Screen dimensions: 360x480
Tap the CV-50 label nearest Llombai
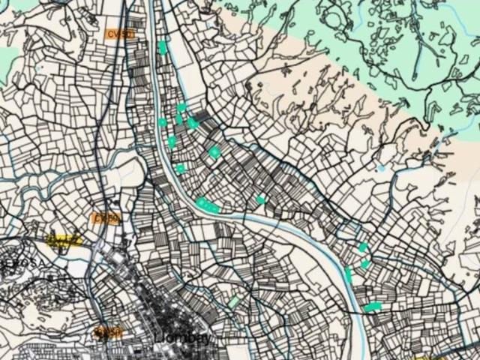click(108, 331)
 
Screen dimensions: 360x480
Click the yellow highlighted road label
click(64, 240)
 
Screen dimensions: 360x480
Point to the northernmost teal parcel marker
click(163, 47)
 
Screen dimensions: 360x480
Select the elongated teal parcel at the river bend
click(208, 204)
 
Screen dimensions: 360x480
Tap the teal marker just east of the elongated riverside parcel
click(261, 199)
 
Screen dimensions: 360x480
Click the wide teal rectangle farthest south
click(373, 306)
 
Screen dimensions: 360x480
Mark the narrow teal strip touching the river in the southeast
click(349, 274)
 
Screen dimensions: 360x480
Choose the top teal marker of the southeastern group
click(363, 247)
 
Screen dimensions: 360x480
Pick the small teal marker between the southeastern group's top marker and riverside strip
click(365, 263)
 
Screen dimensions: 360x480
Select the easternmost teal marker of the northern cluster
click(214, 152)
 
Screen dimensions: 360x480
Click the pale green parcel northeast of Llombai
click(233, 301)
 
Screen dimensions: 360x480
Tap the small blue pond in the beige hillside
click(381, 168)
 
